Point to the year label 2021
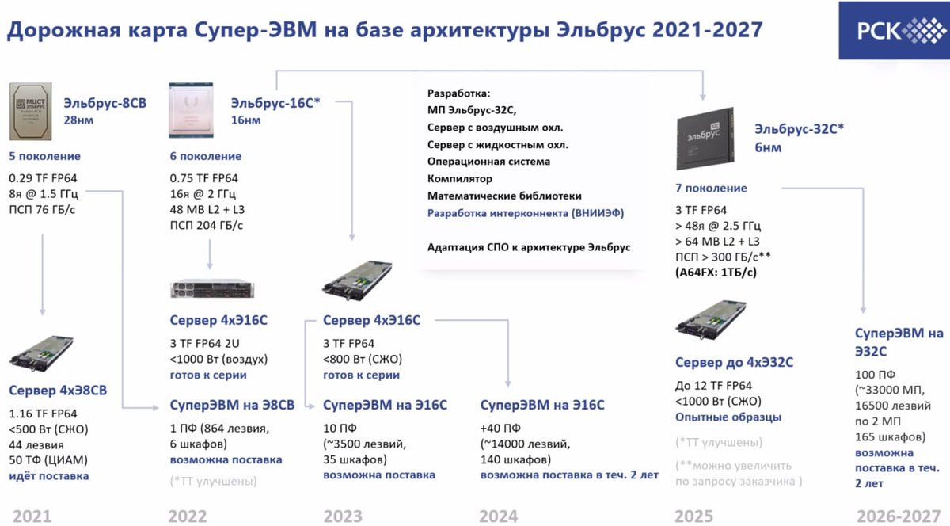click(32, 516)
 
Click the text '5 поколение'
click(44, 156)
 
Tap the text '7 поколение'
click(712, 189)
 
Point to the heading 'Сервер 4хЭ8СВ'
click(58, 390)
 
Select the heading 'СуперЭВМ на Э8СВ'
click(232, 405)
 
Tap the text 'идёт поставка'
click(49, 475)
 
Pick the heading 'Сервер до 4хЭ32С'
click(734, 363)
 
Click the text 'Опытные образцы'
click(728, 417)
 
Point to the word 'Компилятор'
click(460, 178)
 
